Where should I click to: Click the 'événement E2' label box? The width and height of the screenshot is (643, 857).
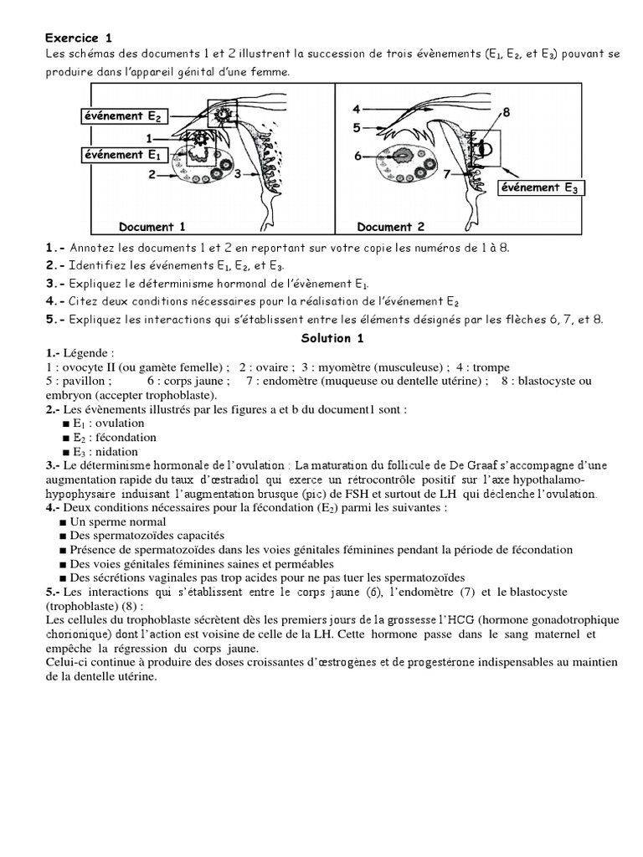point(121,115)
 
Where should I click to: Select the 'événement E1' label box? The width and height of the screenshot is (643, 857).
point(121,154)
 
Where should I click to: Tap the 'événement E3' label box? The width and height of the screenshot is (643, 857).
point(539,187)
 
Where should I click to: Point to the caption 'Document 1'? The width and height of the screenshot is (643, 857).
point(147,227)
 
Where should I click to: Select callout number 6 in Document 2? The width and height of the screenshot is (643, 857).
point(358,156)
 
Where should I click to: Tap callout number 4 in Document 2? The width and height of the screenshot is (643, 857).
point(356,109)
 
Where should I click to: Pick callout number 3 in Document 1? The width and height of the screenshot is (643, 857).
point(239,173)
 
